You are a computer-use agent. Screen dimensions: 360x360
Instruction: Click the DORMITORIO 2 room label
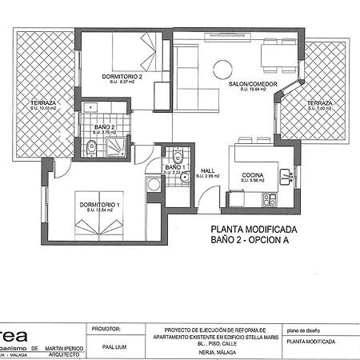[122, 77]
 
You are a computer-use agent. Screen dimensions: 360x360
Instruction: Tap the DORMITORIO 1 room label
[99, 206]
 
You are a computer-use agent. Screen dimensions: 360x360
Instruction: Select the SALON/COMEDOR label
[247, 85]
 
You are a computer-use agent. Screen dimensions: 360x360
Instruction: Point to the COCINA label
[252, 176]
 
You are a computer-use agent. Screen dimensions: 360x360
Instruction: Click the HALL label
[208, 170]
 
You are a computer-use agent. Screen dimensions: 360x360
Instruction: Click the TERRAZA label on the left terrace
[43, 103]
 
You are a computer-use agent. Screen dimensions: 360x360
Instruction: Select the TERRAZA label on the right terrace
[319, 103]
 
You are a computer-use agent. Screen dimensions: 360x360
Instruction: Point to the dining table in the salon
[280, 54]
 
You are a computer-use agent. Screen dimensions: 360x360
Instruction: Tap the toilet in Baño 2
[94, 146]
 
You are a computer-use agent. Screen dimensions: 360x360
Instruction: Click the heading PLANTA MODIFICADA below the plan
[250, 227]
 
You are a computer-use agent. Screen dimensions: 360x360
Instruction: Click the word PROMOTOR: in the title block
[107, 328]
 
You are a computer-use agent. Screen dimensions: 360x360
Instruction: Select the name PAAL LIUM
[106, 347]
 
